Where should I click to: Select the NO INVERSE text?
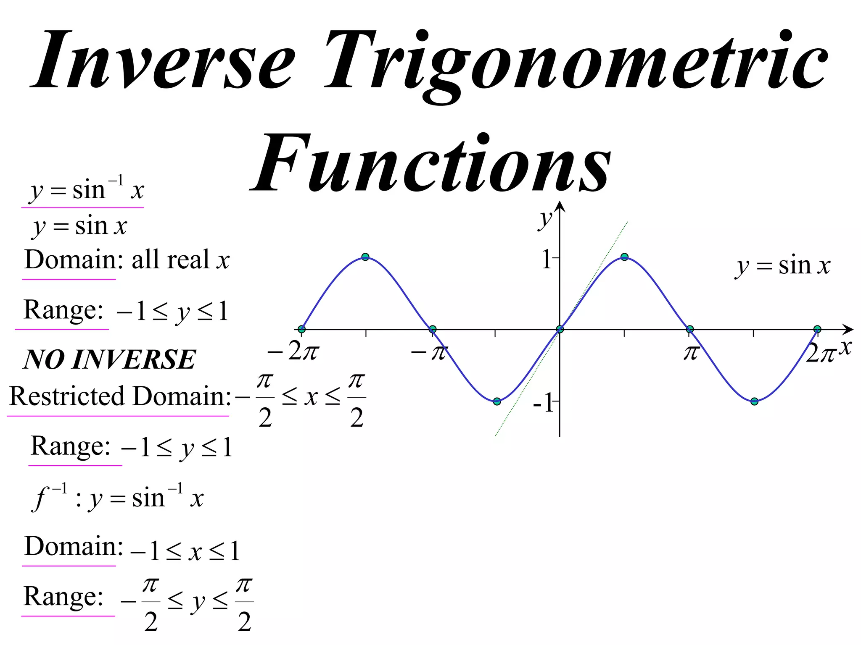coord(109,359)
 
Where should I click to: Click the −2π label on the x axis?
coord(293,351)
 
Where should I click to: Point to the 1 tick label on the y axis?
coord(546,259)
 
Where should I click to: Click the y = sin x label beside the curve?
coord(783,266)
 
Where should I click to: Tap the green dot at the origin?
coord(560,329)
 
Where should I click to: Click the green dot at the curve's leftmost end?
coord(301,329)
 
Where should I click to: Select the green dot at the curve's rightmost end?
coord(817,329)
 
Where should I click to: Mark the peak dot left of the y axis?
coord(365,257)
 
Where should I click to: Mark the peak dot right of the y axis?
coord(624,257)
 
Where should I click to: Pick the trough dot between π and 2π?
coord(754,401)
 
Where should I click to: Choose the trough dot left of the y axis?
coord(497,401)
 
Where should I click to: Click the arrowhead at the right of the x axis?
coord(849,329)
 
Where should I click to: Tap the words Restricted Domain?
coord(120,396)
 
